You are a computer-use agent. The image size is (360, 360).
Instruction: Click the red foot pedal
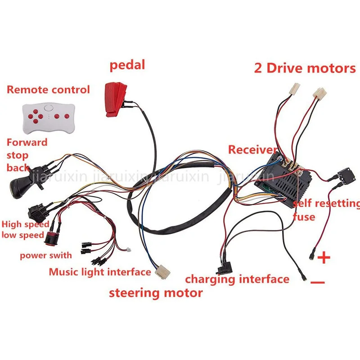click(116, 99)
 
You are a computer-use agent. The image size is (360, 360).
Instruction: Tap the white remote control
click(49, 118)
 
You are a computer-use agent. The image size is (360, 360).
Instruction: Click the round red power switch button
click(50, 239)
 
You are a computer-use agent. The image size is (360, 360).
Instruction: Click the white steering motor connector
click(162, 272)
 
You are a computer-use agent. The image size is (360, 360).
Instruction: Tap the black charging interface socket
click(224, 268)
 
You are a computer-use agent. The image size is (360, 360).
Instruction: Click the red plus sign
click(324, 257)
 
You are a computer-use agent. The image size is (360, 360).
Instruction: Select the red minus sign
click(318, 282)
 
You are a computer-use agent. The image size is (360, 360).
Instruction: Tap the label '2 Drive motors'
click(305, 68)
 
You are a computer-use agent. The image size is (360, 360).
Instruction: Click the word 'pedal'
click(127, 65)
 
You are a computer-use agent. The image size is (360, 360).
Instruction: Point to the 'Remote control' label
click(48, 90)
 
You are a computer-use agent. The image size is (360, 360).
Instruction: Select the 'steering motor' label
click(156, 293)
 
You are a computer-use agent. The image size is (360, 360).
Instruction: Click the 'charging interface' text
click(237, 279)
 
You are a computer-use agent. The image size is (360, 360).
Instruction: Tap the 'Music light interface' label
click(100, 272)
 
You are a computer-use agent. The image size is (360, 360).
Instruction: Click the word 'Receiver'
click(252, 150)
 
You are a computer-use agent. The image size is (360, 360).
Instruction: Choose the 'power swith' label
click(46, 255)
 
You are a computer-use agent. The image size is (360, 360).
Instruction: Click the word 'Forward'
click(27, 142)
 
